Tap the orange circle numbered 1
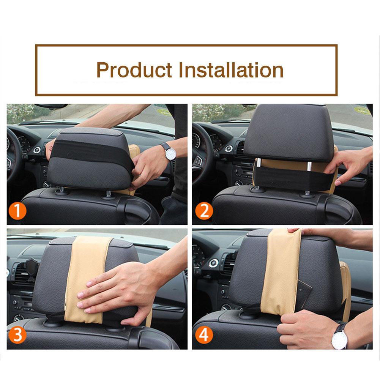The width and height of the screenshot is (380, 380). [x=18, y=211]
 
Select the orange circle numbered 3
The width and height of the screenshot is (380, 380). [x=18, y=335]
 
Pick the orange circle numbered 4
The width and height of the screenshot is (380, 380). [x=204, y=336]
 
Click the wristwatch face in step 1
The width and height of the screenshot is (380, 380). [x=170, y=153]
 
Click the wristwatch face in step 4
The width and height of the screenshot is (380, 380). [x=339, y=338]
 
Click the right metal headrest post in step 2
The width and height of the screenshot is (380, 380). [x=309, y=166]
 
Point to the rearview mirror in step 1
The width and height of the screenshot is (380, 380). [x=51, y=106]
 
